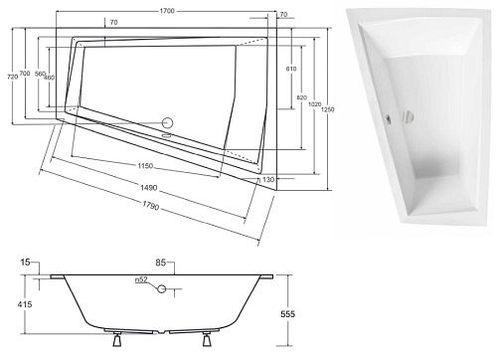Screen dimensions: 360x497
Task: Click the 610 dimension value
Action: [291, 69]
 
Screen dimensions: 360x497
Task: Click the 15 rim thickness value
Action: [23, 263]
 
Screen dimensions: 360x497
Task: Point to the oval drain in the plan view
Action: [166, 123]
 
